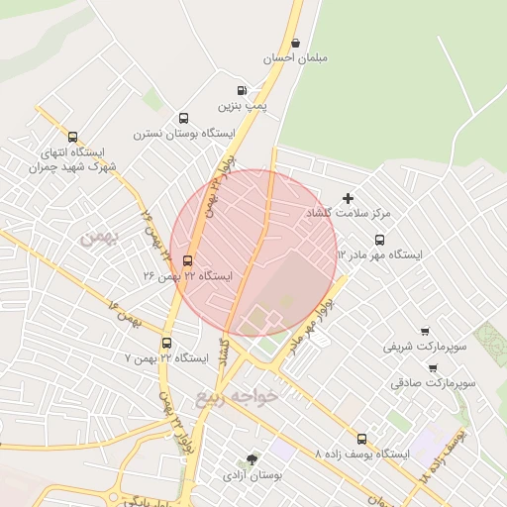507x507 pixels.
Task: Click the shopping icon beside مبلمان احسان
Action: (x=296, y=42)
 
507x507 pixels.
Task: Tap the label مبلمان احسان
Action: (x=295, y=58)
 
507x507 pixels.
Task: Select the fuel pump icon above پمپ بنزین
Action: (x=243, y=90)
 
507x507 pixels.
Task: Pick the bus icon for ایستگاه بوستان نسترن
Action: (x=184, y=118)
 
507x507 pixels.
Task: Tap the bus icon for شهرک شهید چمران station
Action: (x=72, y=138)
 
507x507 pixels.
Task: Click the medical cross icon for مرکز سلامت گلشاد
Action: (x=348, y=199)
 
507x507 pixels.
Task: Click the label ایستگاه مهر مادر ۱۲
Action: (x=379, y=254)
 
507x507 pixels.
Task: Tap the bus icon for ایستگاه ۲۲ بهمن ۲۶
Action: (x=188, y=261)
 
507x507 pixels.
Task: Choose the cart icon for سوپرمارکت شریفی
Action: (x=425, y=332)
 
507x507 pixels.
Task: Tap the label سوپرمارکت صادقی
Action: (x=433, y=381)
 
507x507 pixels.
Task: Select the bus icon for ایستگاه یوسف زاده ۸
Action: (x=361, y=439)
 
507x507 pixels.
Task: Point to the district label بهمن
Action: (x=99, y=239)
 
